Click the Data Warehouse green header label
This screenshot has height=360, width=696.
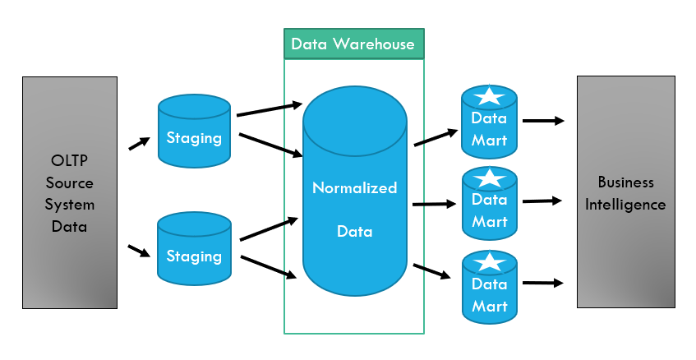353,44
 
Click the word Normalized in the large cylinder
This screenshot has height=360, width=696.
354,188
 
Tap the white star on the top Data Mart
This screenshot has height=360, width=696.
490,95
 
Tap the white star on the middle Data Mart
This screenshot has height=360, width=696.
490,178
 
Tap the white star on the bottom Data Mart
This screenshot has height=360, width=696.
490,262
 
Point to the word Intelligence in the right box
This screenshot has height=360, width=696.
625,204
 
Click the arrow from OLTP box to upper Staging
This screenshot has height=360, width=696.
140,144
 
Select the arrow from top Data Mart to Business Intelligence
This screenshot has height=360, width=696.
543,121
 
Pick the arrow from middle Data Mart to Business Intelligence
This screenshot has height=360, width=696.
542,200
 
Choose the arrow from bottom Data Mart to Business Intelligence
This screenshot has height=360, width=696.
543,284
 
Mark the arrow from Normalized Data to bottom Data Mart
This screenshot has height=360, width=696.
432,272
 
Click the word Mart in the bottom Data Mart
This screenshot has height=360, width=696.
490,307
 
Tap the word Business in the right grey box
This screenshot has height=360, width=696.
625,182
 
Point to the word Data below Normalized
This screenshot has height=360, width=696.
354,232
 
